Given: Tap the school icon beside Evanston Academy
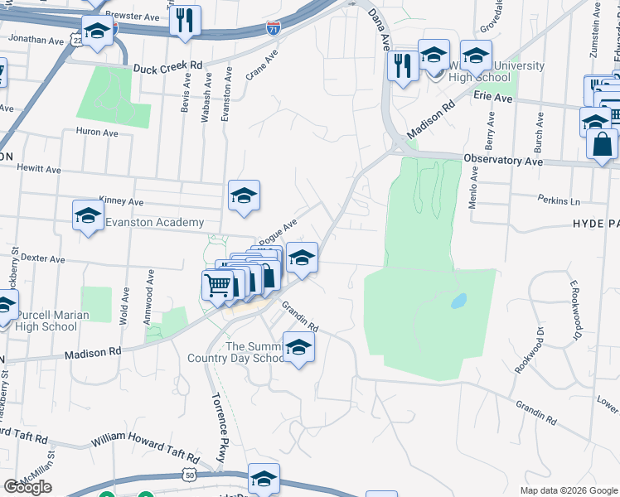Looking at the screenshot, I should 88,215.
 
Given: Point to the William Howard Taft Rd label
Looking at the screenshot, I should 145,448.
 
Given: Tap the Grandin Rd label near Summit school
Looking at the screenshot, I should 299,316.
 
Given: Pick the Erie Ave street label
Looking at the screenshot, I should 494,97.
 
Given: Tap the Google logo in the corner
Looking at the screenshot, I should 27,487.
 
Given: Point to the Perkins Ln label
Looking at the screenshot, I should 558,201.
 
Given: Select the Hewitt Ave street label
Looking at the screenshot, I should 41,169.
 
